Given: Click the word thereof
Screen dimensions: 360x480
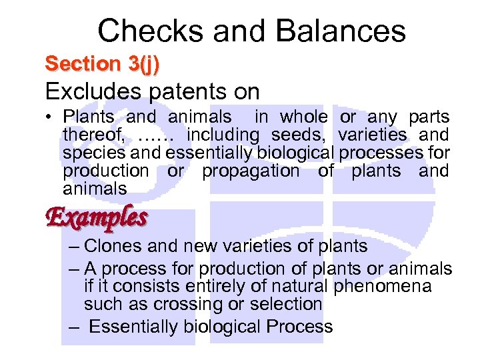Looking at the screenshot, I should tap(93, 135).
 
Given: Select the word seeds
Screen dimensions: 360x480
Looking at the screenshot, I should tap(303, 135).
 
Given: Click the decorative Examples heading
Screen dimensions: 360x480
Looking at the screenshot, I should tap(96, 217).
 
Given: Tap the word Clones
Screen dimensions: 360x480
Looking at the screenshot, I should tap(114, 246).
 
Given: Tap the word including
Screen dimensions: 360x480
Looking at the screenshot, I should tap(224, 135).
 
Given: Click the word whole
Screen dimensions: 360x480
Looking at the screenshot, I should tap(303, 117).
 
